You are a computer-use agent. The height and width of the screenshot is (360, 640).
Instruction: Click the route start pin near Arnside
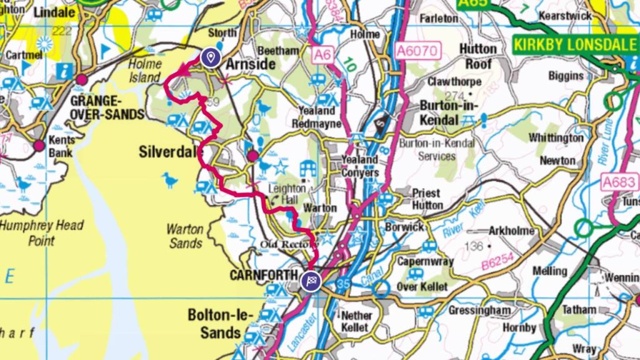[x=211, y=57]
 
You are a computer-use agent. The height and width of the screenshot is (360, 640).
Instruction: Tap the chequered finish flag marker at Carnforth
[x=311, y=281]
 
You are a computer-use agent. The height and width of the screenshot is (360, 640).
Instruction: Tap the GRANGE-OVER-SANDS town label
[x=107, y=107]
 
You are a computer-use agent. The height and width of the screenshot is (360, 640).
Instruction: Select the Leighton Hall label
[x=287, y=194]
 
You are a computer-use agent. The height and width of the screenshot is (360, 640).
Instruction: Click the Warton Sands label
[x=185, y=236]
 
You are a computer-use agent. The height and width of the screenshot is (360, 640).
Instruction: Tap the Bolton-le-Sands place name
[x=214, y=324]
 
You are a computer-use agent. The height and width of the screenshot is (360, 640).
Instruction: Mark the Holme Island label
[x=145, y=71]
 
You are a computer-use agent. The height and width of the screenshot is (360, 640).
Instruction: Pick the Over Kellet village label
[x=423, y=287]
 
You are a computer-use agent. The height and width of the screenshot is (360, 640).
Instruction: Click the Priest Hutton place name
[x=426, y=199]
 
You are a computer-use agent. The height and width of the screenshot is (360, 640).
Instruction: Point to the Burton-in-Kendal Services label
[x=437, y=149]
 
